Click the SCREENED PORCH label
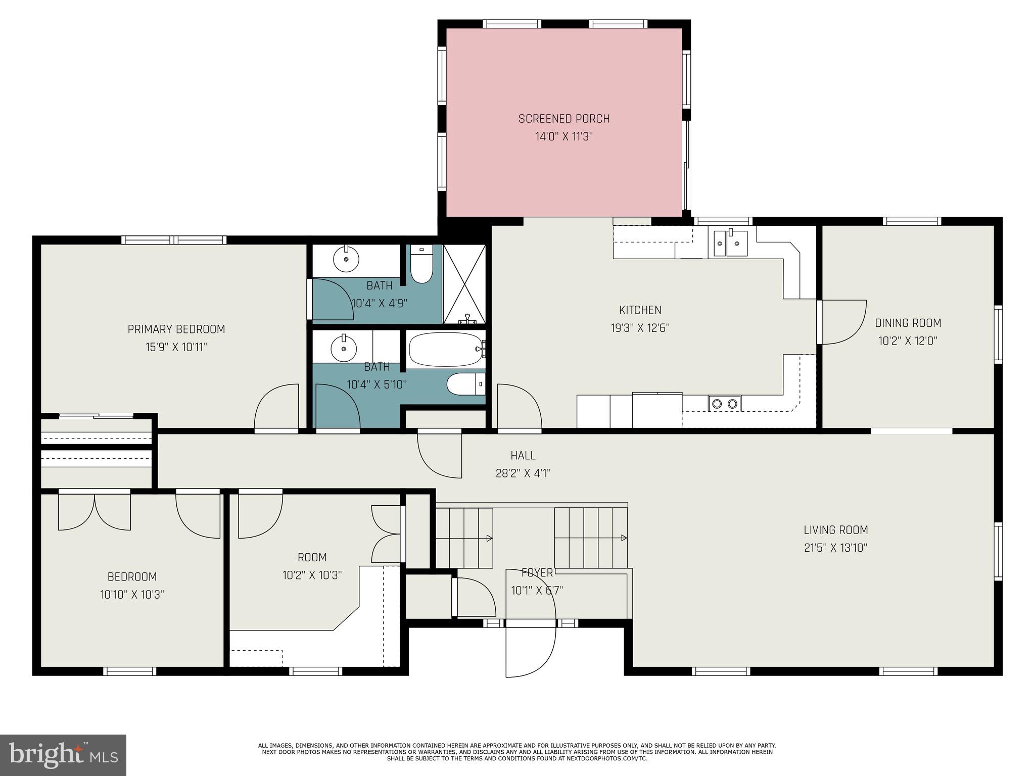click(x=564, y=119)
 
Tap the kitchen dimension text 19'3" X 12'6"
click(x=640, y=328)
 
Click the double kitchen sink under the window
click(x=730, y=243)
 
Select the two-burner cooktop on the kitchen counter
click(x=724, y=403)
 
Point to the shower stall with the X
click(x=464, y=284)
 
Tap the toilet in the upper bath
click(x=421, y=265)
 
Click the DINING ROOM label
click(x=908, y=323)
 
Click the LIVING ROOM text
click(x=835, y=530)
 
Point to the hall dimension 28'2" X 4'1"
click(x=523, y=473)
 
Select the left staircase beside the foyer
click(x=464, y=538)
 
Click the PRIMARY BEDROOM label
click(x=176, y=329)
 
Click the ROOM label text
click(x=312, y=557)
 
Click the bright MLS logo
click(x=63, y=755)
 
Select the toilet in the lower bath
click(x=465, y=384)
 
